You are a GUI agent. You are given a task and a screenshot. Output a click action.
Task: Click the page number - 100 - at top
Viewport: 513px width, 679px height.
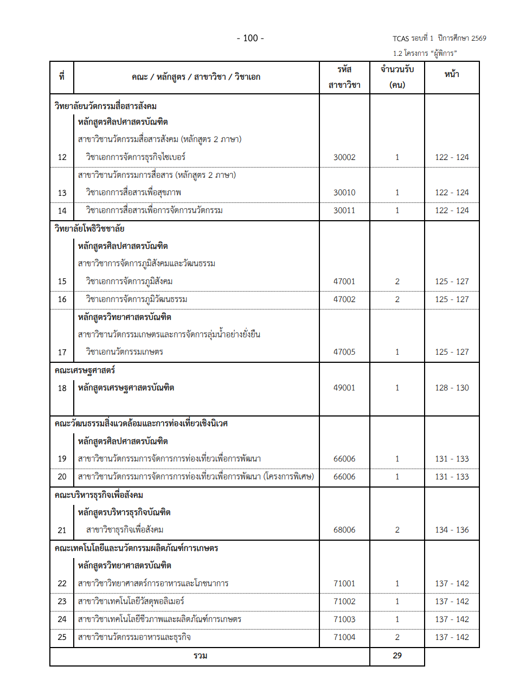coord(251,38)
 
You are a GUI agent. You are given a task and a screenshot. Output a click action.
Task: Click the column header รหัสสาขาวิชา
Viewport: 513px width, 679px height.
coord(344,77)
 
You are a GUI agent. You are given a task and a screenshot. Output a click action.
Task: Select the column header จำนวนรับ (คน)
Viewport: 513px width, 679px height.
coord(397,77)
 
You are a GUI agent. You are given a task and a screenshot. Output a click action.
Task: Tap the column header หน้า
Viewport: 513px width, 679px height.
coord(452,75)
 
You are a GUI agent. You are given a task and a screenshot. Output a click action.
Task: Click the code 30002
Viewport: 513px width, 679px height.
coord(344,157)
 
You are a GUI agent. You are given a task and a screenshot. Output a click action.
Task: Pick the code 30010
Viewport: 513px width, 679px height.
coord(344,193)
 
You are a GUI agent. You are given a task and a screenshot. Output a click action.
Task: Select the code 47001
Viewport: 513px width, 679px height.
coord(344,281)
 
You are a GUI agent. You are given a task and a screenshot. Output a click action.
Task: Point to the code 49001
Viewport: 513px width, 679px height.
coord(344,388)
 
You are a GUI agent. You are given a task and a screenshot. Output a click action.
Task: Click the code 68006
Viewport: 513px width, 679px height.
coord(344,530)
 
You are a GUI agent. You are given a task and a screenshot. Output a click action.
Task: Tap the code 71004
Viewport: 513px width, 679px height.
coord(344,637)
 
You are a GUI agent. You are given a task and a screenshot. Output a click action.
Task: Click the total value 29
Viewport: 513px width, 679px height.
coord(397,656)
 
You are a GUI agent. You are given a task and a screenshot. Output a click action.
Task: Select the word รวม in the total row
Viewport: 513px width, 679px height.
coord(201,656)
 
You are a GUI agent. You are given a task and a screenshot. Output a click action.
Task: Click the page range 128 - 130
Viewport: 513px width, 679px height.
coord(452,388)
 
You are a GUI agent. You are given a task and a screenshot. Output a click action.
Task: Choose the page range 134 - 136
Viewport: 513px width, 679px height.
coord(452,530)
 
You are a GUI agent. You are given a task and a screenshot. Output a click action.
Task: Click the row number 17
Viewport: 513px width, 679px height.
coord(62,353)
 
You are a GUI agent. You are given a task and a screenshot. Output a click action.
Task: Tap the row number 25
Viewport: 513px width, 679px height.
coord(62,637)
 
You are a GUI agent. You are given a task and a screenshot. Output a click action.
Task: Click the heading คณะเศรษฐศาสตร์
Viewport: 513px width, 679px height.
coord(85,370)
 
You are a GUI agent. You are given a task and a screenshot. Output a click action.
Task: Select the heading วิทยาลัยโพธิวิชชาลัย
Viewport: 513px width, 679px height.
coord(90,228)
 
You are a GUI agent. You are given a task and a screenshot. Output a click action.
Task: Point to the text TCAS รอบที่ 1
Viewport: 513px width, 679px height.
coord(413,39)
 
